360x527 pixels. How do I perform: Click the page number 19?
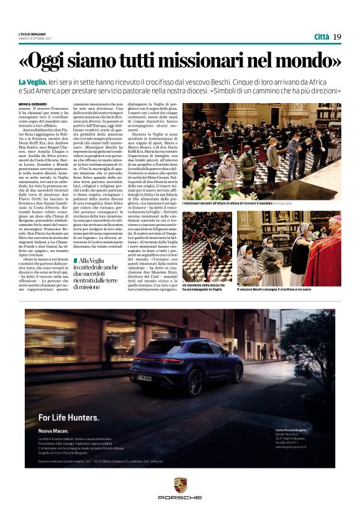(x=336, y=36)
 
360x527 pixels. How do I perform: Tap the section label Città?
(x=322, y=36)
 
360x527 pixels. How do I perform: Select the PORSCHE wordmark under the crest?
(x=180, y=497)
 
